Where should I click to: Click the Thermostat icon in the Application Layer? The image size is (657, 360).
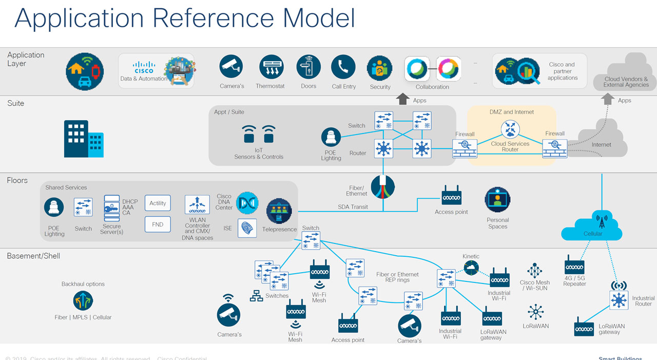click(271, 67)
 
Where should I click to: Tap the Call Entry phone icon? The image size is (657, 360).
click(343, 67)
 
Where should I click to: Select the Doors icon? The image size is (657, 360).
click(308, 67)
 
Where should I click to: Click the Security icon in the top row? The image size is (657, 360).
click(380, 68)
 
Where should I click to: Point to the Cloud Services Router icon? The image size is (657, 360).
click(510, 128)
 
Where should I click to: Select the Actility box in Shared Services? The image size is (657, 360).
click(158, 203)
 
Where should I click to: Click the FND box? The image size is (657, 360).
click(158, 224)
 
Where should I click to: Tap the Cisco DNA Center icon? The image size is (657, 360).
click(247, 203)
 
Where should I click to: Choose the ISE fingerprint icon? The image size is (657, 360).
click(247, 228)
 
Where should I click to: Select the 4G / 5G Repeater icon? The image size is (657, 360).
click(574, 267)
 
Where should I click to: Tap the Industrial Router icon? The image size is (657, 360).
click(619, 299)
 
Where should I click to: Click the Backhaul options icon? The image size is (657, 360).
click(83, 300)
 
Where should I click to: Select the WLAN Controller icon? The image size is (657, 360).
click(197, 205)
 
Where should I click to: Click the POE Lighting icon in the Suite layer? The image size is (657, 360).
click(331, 138)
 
